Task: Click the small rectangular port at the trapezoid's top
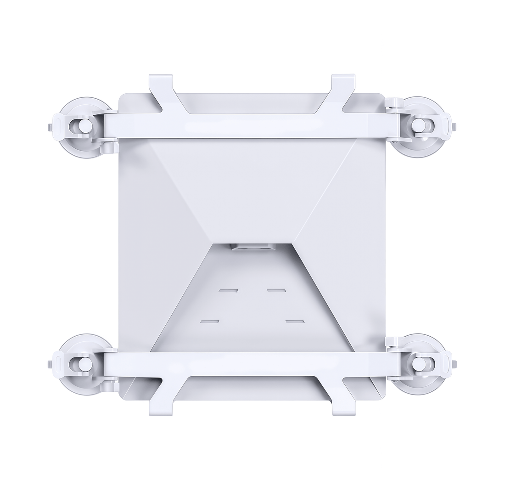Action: tap(252, 247)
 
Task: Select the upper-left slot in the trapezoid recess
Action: tap(228, 291)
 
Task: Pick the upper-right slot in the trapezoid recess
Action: tap(276, 291)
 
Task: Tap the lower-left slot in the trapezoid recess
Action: tap(210, 322)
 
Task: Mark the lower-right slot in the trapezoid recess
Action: tap(295, 322)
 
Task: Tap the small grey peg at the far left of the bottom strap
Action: tap(50, 364)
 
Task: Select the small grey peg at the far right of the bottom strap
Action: tap(454, 364)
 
